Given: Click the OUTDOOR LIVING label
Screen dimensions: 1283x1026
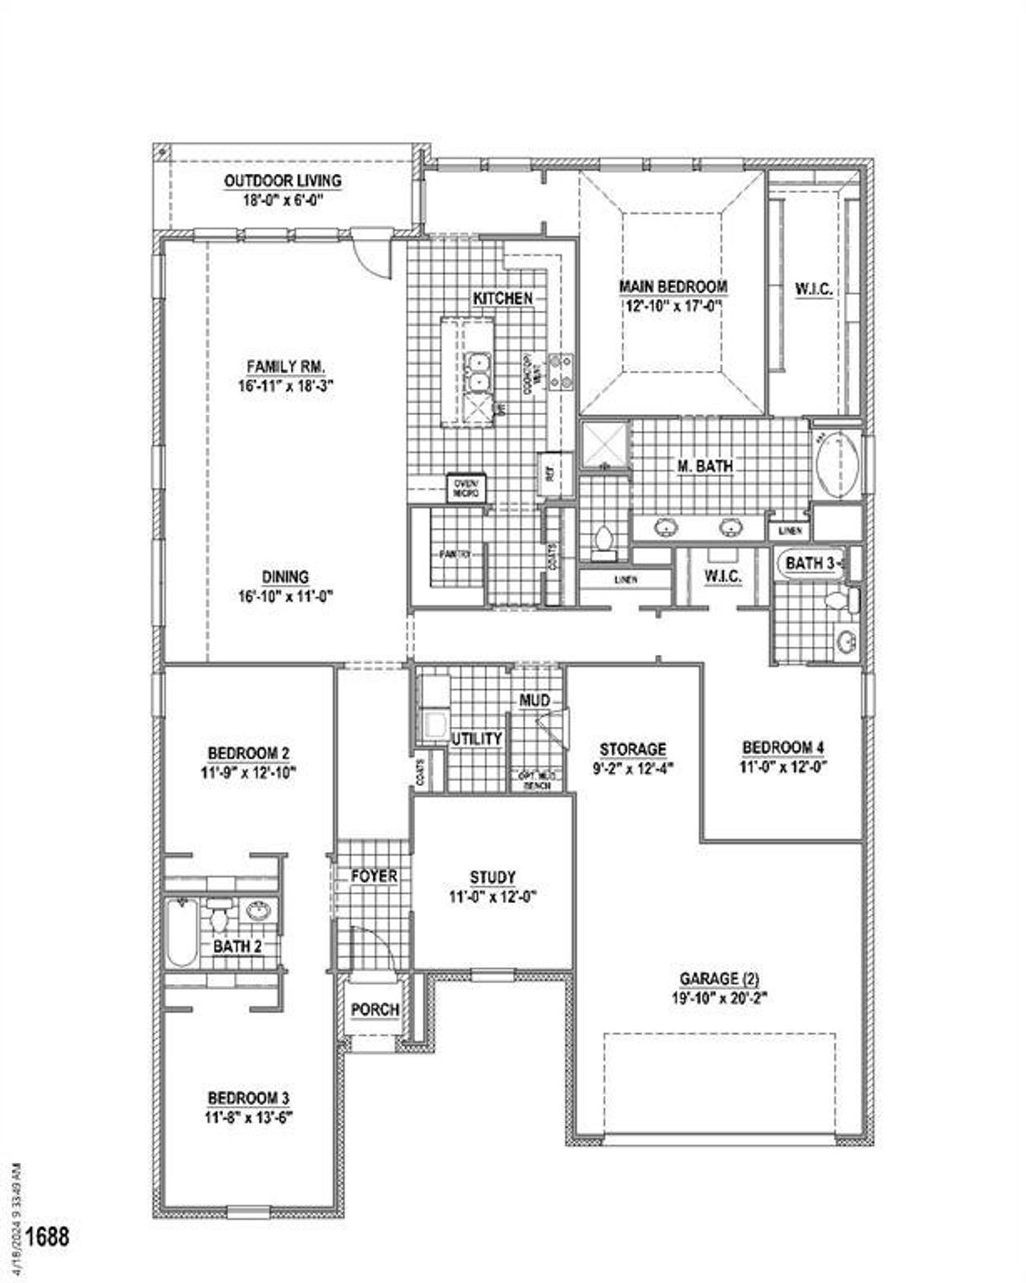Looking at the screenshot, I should click(x=282, y=181).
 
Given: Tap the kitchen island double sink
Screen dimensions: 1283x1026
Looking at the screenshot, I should click(x=479, y=373).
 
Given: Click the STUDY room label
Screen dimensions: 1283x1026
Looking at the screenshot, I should click(x=492, y=878).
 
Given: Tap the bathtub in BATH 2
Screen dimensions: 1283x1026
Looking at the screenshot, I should click(x=181, y=933).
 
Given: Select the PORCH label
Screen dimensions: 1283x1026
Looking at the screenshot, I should click(x=375, y=1010).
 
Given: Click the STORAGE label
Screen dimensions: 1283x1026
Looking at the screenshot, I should click(x=632, y=749).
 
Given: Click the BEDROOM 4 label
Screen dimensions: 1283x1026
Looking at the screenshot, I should click(x=782, y=748).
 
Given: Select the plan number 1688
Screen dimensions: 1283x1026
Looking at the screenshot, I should click(x=47, y=1237).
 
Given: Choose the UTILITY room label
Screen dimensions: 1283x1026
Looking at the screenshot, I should click(x=476, y=739).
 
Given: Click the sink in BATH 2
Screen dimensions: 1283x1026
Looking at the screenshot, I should click(x=258, y=911).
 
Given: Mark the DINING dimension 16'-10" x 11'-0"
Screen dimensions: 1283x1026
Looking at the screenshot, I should click(x=285, y=596).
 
